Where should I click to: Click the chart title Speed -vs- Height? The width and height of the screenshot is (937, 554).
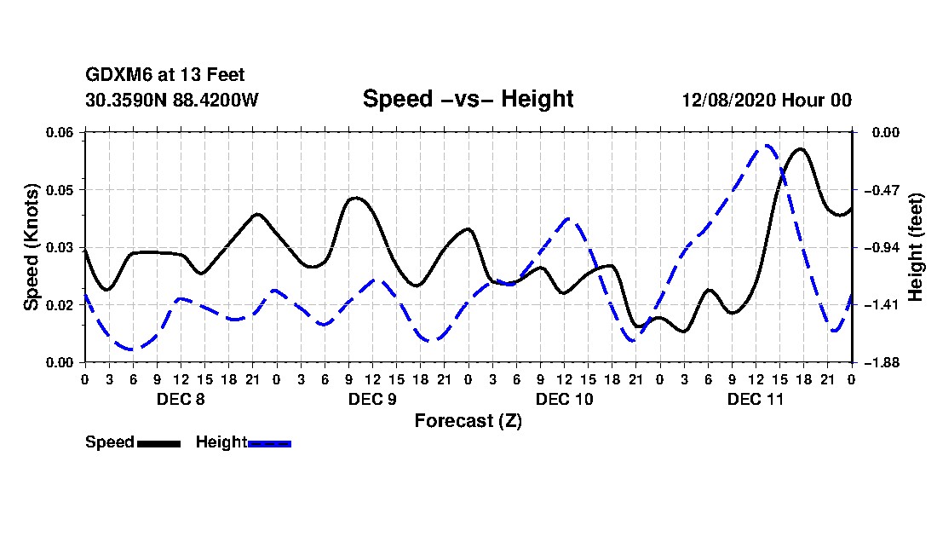click(468, 99)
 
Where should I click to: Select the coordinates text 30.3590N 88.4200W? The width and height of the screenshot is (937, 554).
click(172, 100)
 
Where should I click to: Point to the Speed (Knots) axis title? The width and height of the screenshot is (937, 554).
click(31, 247)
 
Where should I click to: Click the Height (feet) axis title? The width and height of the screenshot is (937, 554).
click(916, 247)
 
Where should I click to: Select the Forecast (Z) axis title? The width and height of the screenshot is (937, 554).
click(468, 421)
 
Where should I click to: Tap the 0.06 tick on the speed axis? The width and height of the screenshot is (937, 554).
click(60, 132)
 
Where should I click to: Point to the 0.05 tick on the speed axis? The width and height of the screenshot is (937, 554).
click(60, 190)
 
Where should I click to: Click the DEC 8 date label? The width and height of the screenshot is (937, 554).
click(181, 399)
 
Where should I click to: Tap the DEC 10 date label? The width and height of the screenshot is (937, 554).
click(565, 399)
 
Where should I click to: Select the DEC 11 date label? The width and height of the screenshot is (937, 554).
click(756, 399)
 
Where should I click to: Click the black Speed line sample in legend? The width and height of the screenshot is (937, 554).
click(158, 443)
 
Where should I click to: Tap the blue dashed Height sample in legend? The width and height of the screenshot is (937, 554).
click(269, 443)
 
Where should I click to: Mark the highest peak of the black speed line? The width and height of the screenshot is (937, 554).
click(801, 149)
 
